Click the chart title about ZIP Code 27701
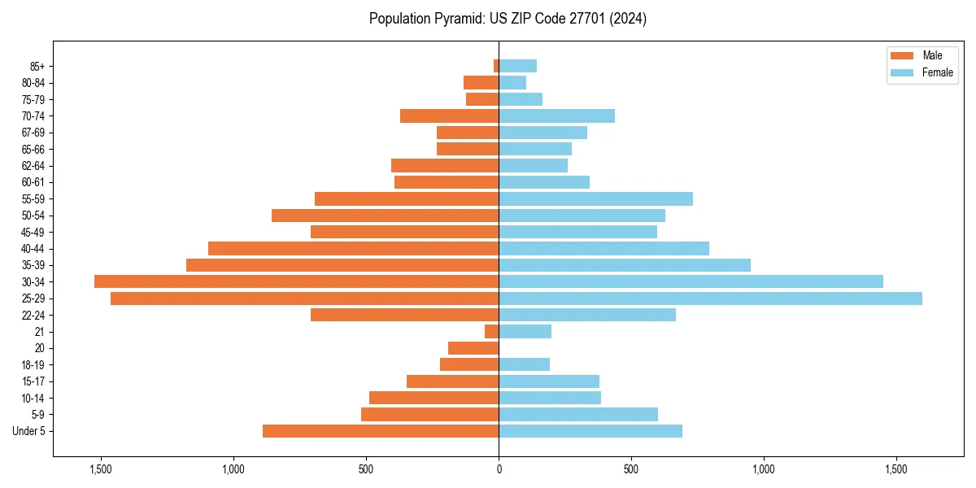click(508, 19)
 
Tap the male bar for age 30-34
click(296, 281)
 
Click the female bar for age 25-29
click(710, 298)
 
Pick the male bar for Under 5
click(381, 431)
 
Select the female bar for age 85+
click(517, 66)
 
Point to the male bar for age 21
click(492, 332)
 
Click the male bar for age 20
click(473, 348)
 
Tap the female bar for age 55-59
click(595, 198)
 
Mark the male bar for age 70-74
click(449, 115)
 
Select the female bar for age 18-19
click(524, 364)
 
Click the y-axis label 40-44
click(33, 249)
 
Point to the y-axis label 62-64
click(33, 166)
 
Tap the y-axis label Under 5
click(29, 431)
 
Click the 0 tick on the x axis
click(499, 469)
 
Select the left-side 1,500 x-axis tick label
click(101, 469)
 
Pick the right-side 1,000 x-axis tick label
click(764, 469)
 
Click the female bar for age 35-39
click(625, 265)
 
